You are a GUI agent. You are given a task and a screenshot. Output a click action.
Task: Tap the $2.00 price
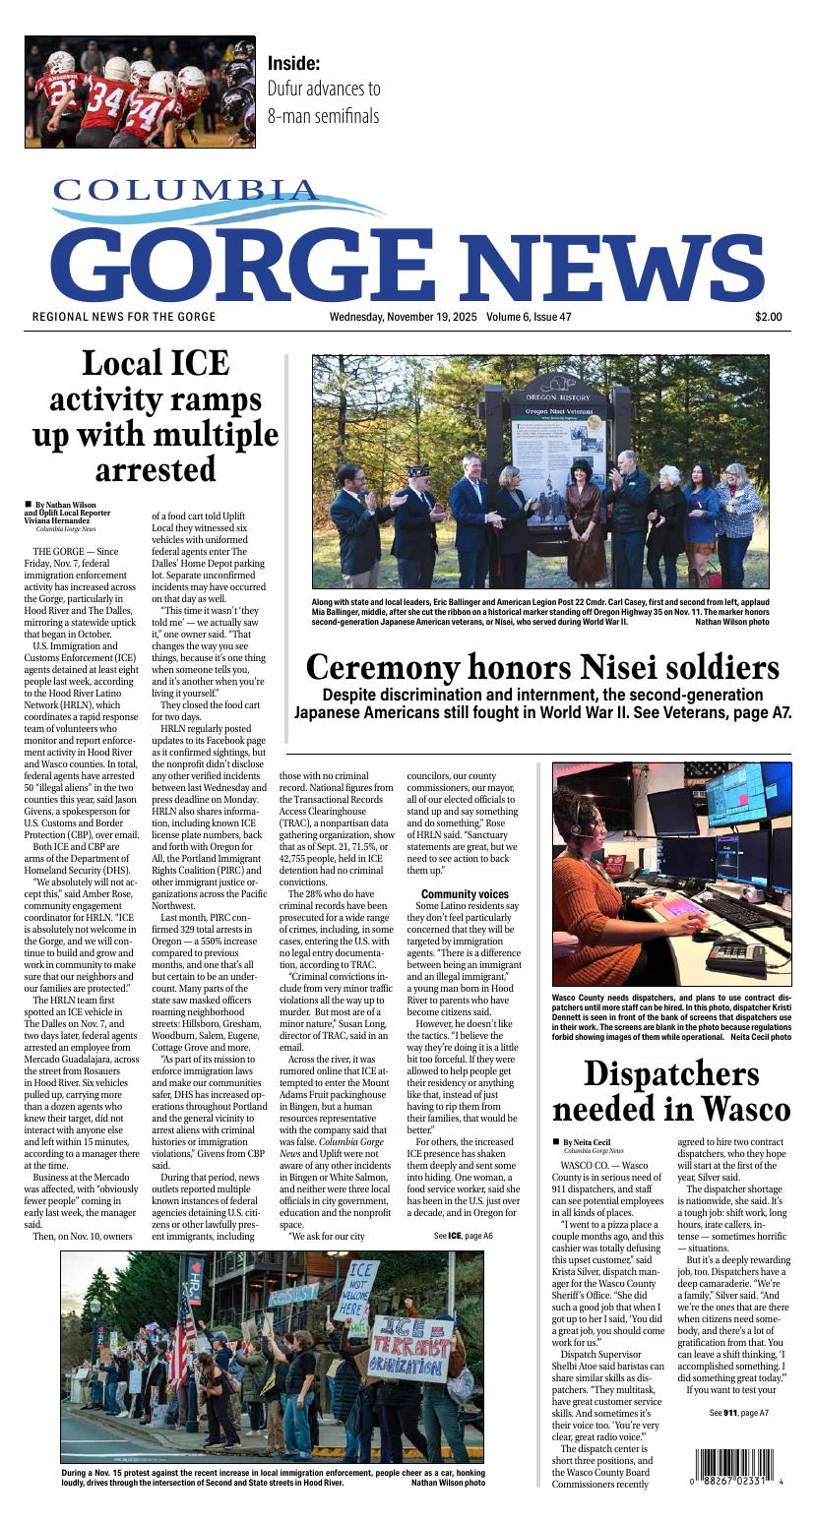click(768, 317)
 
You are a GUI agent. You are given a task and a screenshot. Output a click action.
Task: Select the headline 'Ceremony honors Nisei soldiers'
click(541, 668)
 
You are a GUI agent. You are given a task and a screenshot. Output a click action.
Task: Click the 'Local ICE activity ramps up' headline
click(156, 415)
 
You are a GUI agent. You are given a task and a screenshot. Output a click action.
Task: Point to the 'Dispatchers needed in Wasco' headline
click(670, 1091)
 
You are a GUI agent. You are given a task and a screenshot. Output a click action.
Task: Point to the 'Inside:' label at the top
click(293, 63)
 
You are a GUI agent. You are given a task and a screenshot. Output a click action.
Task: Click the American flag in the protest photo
click(181, 1337)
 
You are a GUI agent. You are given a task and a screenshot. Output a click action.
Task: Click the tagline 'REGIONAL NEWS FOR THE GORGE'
click(124, 317)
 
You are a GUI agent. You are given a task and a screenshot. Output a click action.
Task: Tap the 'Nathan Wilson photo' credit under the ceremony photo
click(731, 622)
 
